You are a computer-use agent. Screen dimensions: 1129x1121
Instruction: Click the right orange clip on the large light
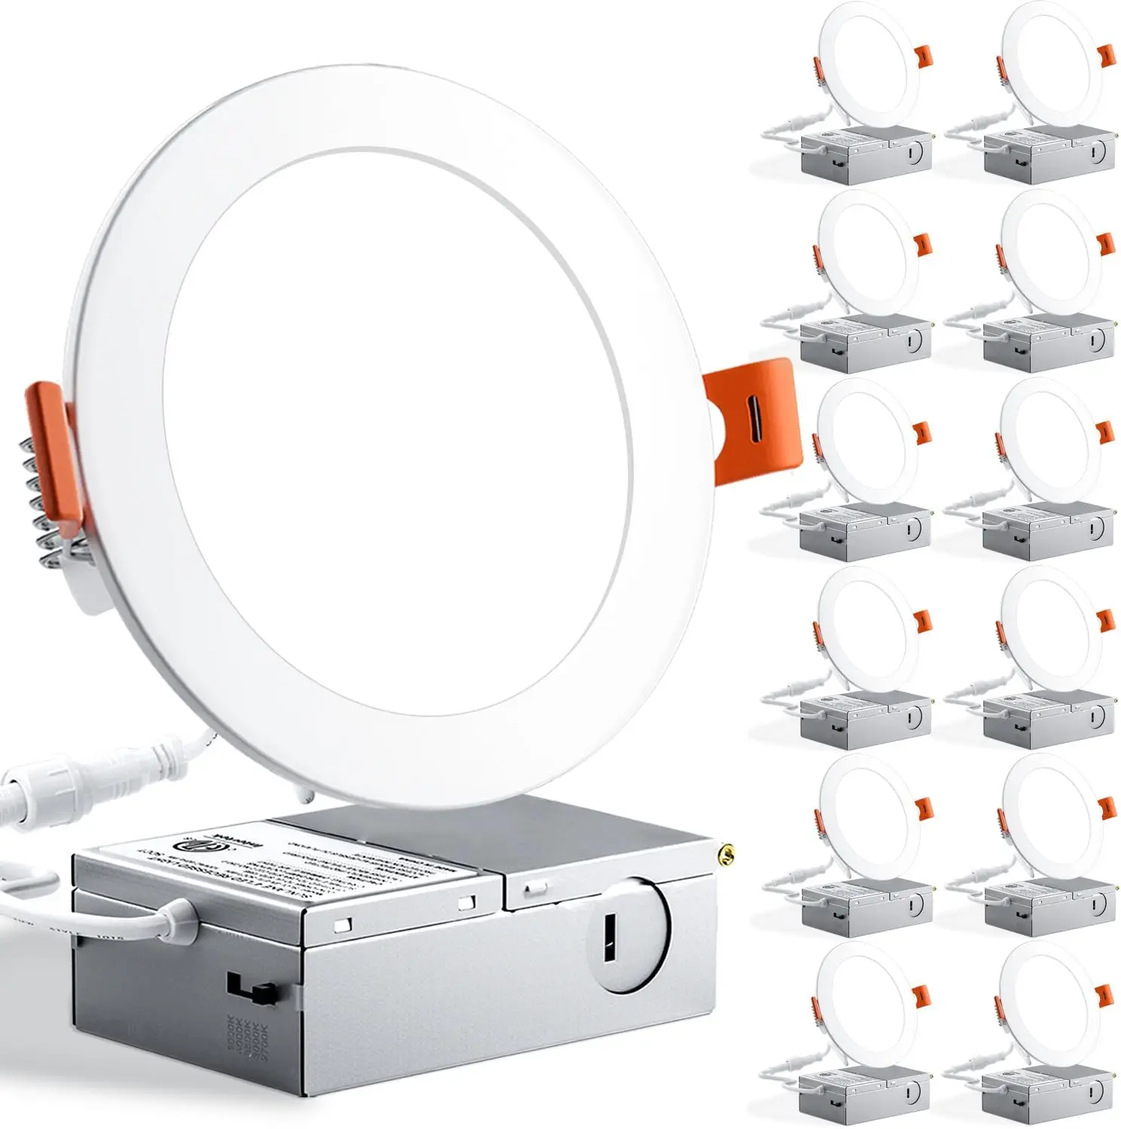click(x=750, y=422)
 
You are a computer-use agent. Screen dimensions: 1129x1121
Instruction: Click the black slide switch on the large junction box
click(x=252, y=987)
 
